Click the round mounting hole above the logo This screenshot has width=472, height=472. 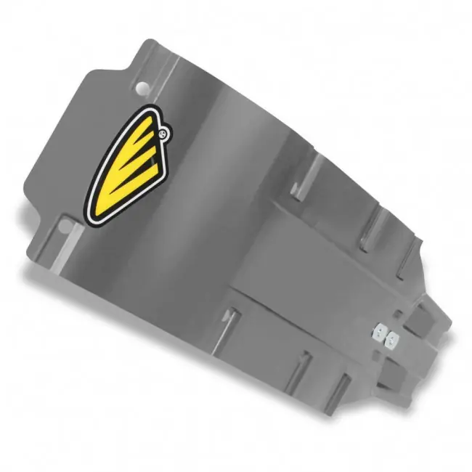tap(143, 89)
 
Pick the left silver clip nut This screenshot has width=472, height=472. tap(378, 333)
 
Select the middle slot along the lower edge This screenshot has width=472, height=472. tap(299, 370)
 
